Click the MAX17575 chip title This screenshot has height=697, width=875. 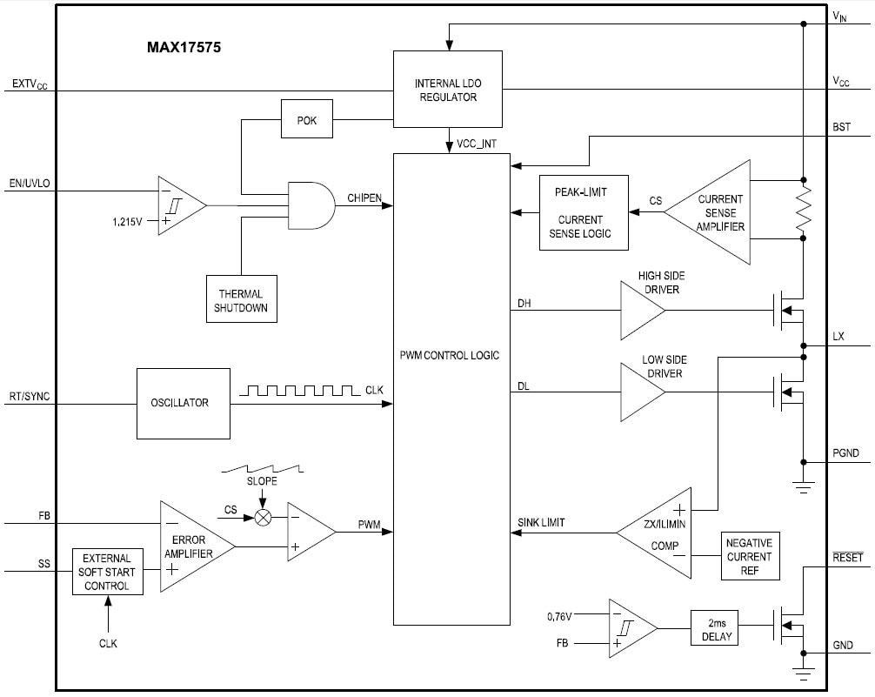click(184, 49)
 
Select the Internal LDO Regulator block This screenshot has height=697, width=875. click(447, 90)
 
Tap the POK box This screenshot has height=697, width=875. click(306, 120)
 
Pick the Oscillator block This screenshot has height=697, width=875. click(184, 403)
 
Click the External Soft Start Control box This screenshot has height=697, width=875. click(107, 572)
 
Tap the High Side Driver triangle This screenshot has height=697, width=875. click(641, 311)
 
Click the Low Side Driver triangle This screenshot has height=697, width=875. click(641, 392)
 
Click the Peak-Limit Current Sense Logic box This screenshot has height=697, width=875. click(583, 212)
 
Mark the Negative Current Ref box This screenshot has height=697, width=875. click(750, 556)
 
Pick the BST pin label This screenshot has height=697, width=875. click(841, 127)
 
